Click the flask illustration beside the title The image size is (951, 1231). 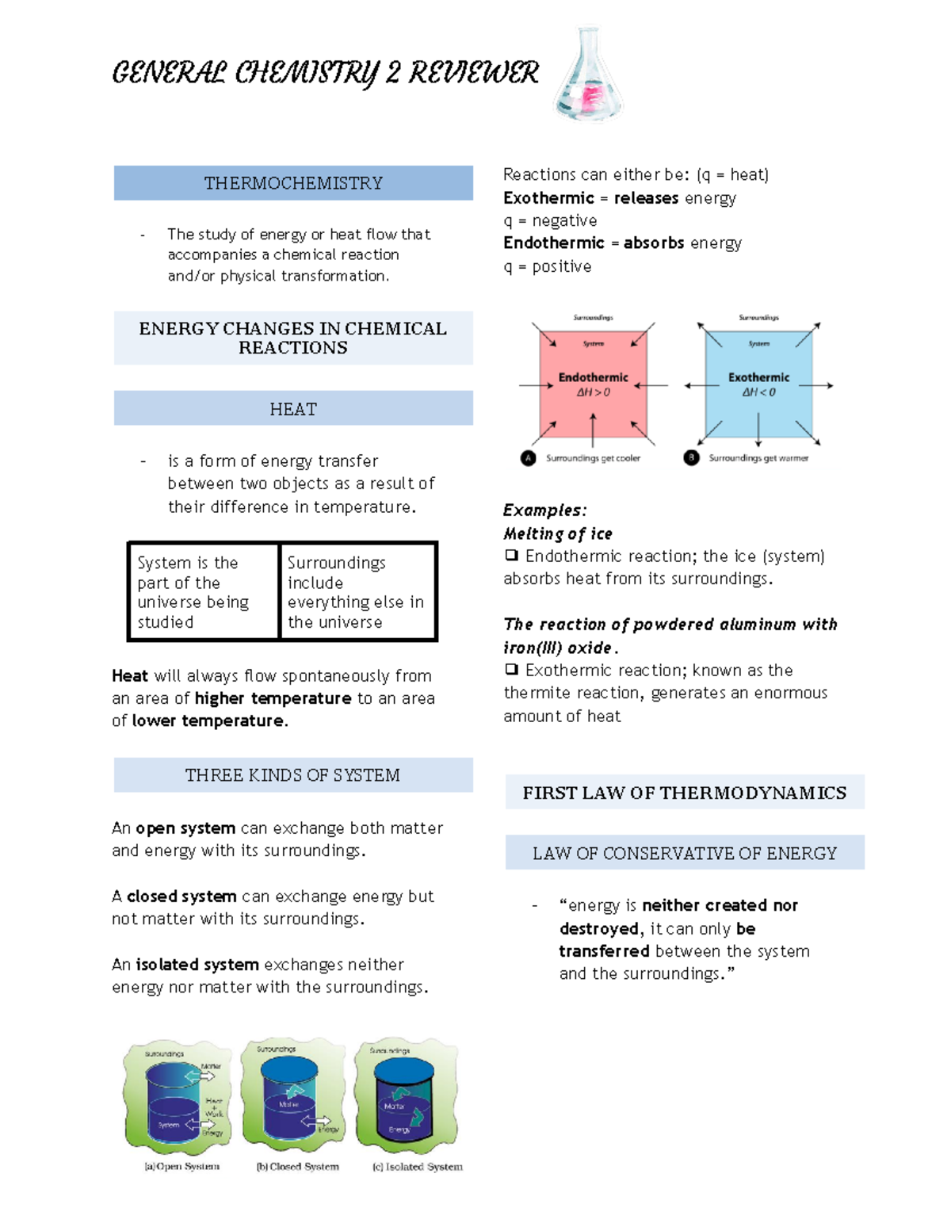589,75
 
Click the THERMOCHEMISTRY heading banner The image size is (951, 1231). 293,183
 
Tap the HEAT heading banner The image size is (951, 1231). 293,409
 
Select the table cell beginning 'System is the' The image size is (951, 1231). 203,591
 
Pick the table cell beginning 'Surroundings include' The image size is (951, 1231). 357,591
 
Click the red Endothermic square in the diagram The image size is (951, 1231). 593,384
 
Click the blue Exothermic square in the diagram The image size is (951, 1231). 758,384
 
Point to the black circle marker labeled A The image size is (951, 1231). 529,458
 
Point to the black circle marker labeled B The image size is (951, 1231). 691,458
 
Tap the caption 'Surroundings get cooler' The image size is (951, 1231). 593,458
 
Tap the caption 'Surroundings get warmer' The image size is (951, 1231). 758,458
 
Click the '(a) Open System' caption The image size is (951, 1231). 181,1167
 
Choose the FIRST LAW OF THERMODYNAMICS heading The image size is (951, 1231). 685,793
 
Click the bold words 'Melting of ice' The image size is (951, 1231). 558,533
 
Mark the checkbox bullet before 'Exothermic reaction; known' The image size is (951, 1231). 511,670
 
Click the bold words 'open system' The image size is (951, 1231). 185,828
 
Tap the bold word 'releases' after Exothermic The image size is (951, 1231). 646,198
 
